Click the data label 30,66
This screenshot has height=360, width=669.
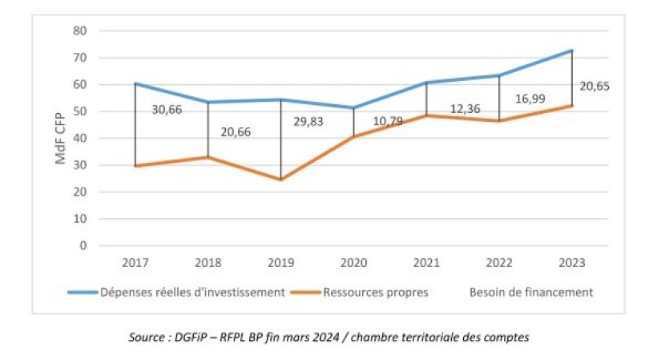[167, 110]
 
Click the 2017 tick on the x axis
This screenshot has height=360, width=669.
[135, 263]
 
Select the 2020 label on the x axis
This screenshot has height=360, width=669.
[353, 263]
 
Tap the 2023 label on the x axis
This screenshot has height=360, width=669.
[572, 263]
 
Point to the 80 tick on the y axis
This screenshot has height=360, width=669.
[80, 31]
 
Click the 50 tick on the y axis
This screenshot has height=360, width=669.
[80, 111]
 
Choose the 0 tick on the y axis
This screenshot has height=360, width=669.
[83, 245]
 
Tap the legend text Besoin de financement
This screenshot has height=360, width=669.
[531, 293]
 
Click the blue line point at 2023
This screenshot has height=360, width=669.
[572, 51]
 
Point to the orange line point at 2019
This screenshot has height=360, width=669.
[280, 180]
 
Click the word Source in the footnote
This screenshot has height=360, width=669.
[148, 338]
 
